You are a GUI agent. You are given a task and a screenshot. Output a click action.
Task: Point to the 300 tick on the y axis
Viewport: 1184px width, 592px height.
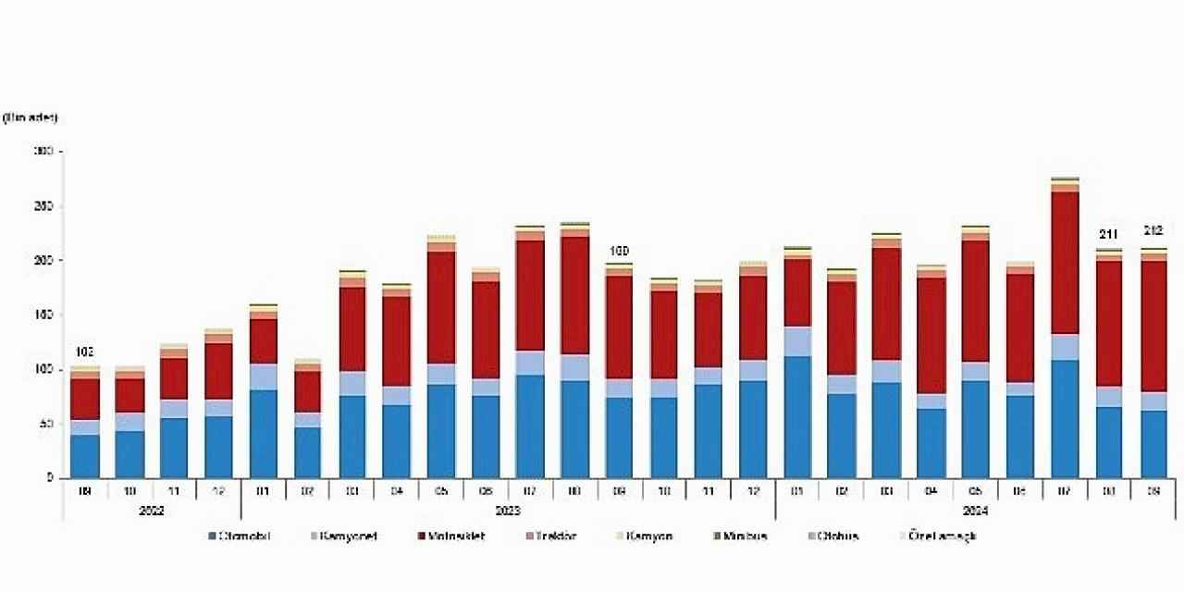click(x=43, y=151)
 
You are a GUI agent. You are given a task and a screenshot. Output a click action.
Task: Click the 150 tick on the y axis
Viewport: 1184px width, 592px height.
click(x=43, y=314)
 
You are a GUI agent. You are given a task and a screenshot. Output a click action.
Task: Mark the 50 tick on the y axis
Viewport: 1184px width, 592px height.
click(x=45, y=424)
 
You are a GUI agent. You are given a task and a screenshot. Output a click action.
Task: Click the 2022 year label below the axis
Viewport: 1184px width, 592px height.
click(x=151, y=510)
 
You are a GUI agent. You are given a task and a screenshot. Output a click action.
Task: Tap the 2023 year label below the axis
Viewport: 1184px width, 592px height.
click(x=507, y=510)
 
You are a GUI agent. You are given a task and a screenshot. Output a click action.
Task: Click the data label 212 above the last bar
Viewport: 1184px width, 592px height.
click(x=1153, y=230)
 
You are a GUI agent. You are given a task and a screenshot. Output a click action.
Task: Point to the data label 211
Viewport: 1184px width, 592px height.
click(x=1108, y=234)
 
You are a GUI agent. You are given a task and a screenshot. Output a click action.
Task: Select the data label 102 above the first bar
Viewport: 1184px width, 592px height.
click(x=84, y=352)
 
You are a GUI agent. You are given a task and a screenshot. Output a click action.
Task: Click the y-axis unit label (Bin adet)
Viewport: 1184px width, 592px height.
click(x=31, y=117)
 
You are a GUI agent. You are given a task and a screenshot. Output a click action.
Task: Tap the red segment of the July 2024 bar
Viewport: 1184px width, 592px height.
click(x=1064, y=263)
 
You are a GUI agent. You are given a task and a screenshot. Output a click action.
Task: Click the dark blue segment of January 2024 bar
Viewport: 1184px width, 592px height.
click(x=797, y=416)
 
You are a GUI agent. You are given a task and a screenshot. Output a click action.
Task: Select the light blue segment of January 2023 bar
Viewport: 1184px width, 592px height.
click(x=264, y=376)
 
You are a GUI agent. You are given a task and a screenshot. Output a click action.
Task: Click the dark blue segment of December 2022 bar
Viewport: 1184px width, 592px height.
click(x=219, y=447)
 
